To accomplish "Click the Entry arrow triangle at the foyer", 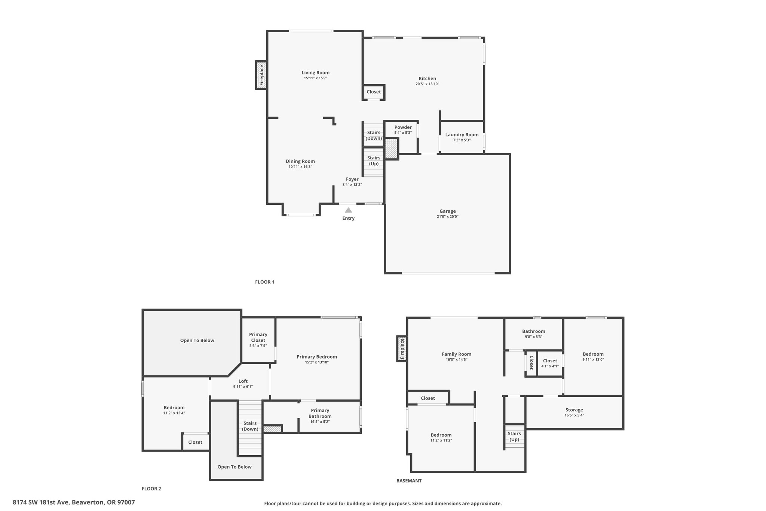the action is point(348,210).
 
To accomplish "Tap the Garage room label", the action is point(447,211).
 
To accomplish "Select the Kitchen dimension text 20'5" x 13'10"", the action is point(427,84).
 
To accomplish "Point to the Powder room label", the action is point(403,127).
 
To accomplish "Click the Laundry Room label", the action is point(462,135).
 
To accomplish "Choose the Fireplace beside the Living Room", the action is point(261,75).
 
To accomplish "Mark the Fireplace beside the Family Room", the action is point(402,349).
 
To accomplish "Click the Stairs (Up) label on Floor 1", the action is point(374,161).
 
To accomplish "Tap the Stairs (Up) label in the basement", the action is point(514,437).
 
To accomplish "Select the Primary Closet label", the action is point(258,337).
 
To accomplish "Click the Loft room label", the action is point(243,381).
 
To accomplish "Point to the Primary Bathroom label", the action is point(320,413).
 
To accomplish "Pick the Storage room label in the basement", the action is point(574,410).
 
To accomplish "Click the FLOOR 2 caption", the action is point(151,489).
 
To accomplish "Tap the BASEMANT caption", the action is point(409,481).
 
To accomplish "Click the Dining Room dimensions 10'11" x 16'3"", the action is point(300,167).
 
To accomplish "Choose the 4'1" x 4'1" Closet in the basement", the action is point(550,363).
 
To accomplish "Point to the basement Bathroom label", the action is point(534,331).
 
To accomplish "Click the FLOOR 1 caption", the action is point(265,282).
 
